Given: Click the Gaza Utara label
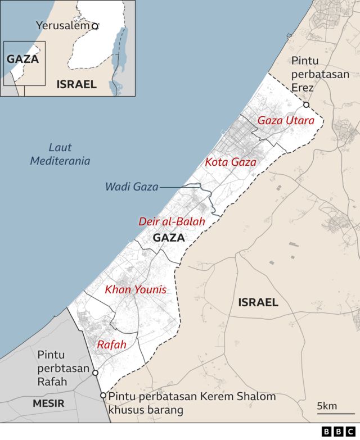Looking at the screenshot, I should coord(286,120).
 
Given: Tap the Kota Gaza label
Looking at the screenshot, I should coord(231,162).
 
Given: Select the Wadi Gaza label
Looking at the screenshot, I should coord(132,187).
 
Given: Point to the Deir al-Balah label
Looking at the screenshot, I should coord(172,221).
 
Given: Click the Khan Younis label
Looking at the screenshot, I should coord(136,290).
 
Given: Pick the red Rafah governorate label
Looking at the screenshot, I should coord(111,344).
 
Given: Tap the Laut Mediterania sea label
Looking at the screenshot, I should coord(60,155).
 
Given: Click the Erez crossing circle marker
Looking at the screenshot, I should coord(306,105).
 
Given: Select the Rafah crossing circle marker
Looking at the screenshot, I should coord(95,373).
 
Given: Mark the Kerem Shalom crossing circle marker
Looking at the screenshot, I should coord(103,396).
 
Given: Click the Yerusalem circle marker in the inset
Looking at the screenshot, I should coord(95,26).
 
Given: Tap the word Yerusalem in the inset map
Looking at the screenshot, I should coord(62,25).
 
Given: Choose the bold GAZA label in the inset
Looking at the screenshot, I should coord(22,58).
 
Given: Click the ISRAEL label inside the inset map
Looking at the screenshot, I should coord(76,84).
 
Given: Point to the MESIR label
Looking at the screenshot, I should coord(48,403).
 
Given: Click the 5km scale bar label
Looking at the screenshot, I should coord(327,406).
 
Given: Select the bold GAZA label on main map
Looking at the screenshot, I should coord(169,238).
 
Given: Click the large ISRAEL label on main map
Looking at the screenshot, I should coord(258,302).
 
